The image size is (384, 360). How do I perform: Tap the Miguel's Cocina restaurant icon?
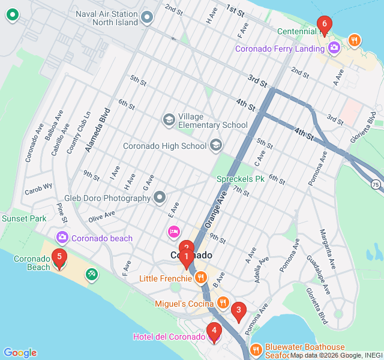point(223,302)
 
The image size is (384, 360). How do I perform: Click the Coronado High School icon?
point(215,145)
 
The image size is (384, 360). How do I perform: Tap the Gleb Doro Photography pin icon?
point(159,197)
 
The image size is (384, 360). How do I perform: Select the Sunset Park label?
point(24,218)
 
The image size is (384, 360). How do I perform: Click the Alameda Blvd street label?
point(96,130)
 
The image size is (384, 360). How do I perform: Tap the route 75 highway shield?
point(376,184)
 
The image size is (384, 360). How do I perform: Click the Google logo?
point(20,353)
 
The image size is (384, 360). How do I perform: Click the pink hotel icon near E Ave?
point(173,231)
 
